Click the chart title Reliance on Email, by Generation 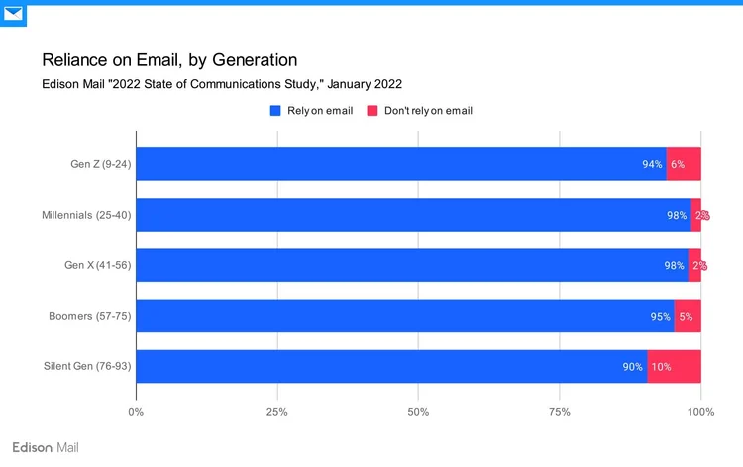tap(168, 60)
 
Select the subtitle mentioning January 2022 tap(221, 84)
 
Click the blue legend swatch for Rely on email tap(276, 111)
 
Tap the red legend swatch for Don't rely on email tap(372, 111)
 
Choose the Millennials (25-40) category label tap(86, 215)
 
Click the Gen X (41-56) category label tap(97, 265)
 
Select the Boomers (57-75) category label tap(90, 316)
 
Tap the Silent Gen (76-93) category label tap(87, 366)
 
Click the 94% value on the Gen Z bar tap(652, 164)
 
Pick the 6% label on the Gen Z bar tap(678, 164)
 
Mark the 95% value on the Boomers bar tap(660, 316)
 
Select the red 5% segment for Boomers tap(688, 316)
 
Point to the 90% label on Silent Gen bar tap(633, 367)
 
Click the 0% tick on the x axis tap(136, 412)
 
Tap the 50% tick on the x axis tap(418, 412)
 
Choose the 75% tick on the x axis tap(560, 412)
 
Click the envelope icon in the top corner tap(13, 14)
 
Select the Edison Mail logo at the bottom tap(45, 447)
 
